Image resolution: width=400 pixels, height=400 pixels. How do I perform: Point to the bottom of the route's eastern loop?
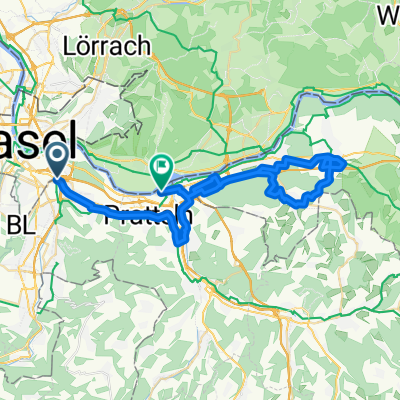[297, 203]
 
